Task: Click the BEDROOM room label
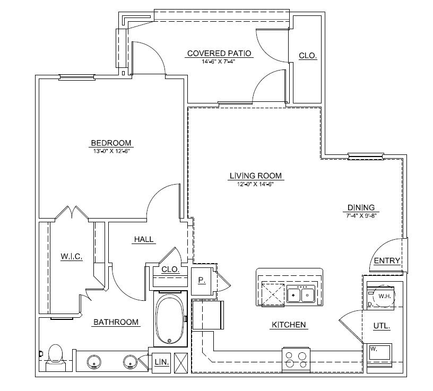pyautogui.click(x=111, y=143)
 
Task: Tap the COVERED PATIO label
pyautogui.click(x=219, y=54)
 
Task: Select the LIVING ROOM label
pyautogui.click(x=255, y=176)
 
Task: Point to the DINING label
pyautogui.click(x=361, y=207)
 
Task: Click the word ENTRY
pyautogui.click(x=387, y=260)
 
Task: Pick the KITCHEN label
pyautogui.click(x=289, y=325)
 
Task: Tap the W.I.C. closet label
pyautogui.click(x=71, y=257)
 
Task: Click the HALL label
pyautogui.click(x=144, y=239)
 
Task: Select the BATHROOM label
pyautogui.click(x=116, y=322)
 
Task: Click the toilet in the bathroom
pyautogui.click(x=55, y=355)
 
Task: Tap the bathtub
pyautogui.click(x=169, y=318)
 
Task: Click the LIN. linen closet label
pyautogui.click(x=161, y=362)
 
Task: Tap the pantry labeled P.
pyautogui.click(x=202, y=280)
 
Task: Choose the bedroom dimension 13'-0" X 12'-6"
pyautogui.click(x=111, y=151)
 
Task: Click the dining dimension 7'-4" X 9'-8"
pyautogui.click(x=361, y=215)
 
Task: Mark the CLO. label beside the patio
pyautogui.click(x=308, y=55)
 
